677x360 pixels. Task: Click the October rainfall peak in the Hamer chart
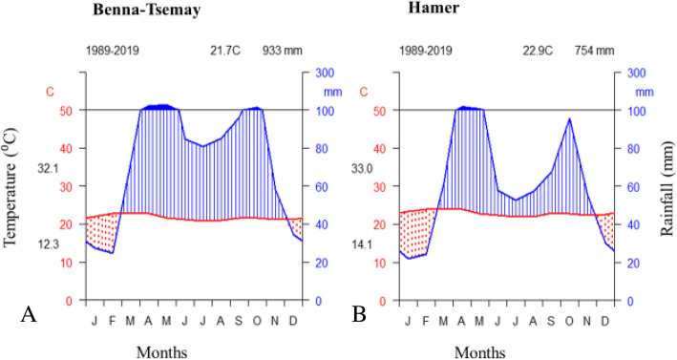(569, 119)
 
